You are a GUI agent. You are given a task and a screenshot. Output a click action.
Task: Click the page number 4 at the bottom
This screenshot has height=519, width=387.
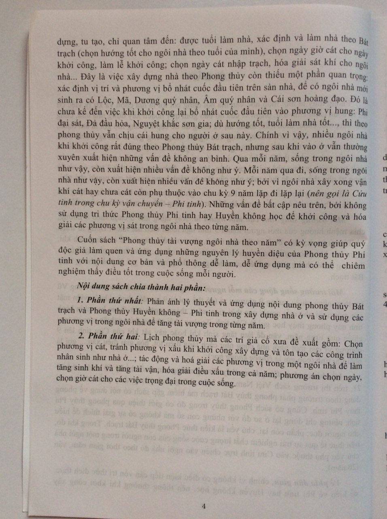point(204,506)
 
